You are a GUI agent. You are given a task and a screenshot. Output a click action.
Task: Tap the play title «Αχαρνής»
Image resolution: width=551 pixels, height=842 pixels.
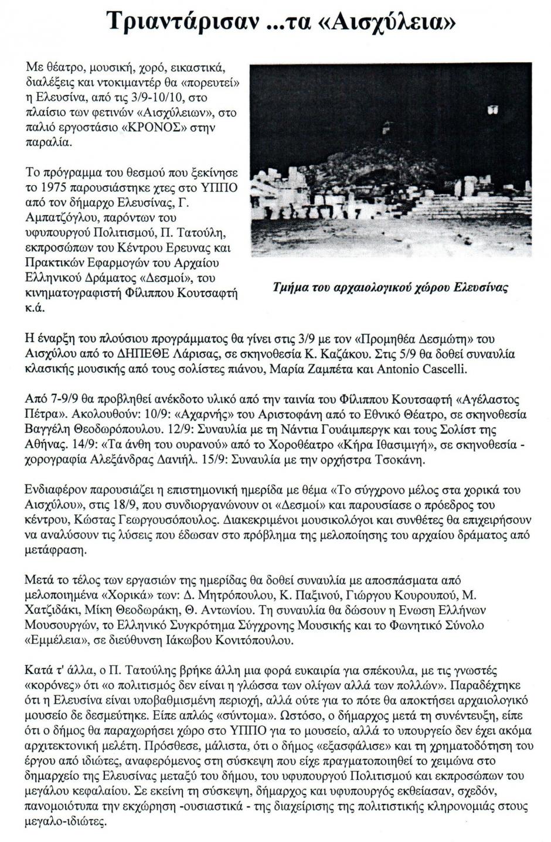(x=176, y=415)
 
